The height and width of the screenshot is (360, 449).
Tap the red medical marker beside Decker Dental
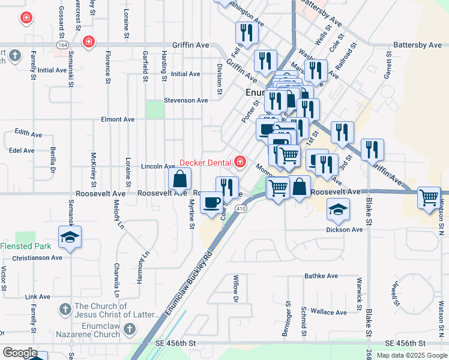(240, 161)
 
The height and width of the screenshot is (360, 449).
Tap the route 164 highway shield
(62, 45)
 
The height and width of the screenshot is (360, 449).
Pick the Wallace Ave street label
(328, 312)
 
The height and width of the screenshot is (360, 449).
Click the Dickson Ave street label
(345, 229)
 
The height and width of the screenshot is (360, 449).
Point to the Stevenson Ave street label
(186, 101)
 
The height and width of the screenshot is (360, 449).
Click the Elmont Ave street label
(118, 119)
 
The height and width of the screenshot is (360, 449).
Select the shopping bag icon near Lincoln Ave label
(180, 178)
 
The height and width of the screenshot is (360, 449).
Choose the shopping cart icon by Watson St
(429, 197)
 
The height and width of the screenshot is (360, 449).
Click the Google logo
(19, 353)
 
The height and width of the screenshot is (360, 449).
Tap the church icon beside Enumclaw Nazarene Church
(131, 329)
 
